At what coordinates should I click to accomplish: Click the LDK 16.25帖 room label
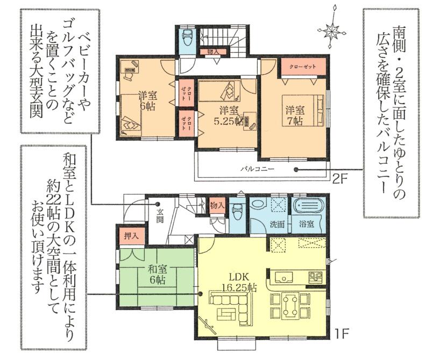click(x=232, y=282)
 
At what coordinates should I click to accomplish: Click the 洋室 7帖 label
click(x=295, y=114)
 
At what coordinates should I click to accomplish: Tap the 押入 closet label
click(x=131, y=235)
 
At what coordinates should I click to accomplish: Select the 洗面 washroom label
click(x=278, y=224)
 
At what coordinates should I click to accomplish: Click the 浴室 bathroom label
click(x=307, y=224)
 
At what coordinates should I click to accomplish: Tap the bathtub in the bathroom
click(x=307, y=206)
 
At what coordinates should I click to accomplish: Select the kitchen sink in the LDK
click(x=283, y=277)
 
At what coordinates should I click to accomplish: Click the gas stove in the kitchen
click(x=314, y=277)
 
